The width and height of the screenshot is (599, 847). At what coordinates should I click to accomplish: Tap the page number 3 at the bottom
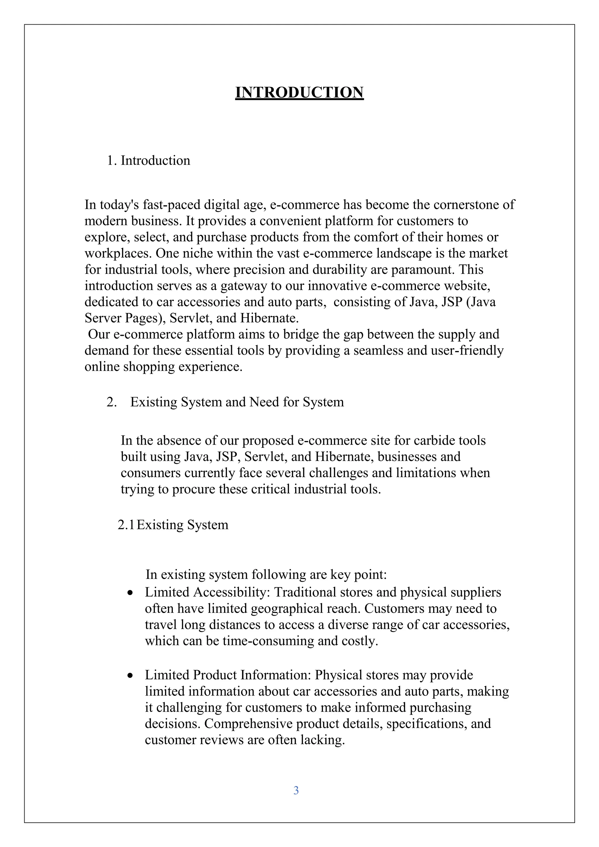click(296, 790)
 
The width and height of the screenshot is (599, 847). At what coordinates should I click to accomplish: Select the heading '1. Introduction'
click(149, 161)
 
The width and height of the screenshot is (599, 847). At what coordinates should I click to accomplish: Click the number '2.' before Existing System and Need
click(111, 402)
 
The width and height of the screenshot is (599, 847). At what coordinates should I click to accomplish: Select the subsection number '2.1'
click(126, 525)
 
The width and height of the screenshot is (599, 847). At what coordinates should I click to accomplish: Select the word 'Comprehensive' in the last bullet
click(249, 724)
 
